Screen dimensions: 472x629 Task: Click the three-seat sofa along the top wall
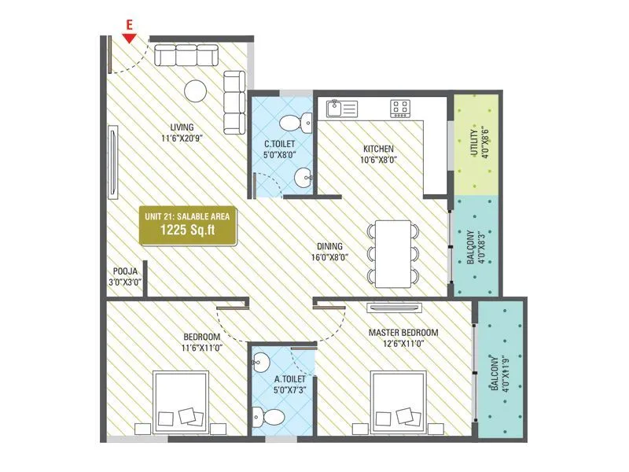(186, 56)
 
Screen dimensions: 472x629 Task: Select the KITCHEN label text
(378, 149)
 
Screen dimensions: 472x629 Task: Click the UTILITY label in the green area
(479, 143)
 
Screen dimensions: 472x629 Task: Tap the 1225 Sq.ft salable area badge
(187, 225)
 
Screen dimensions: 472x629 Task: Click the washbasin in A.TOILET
(260, 363)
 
